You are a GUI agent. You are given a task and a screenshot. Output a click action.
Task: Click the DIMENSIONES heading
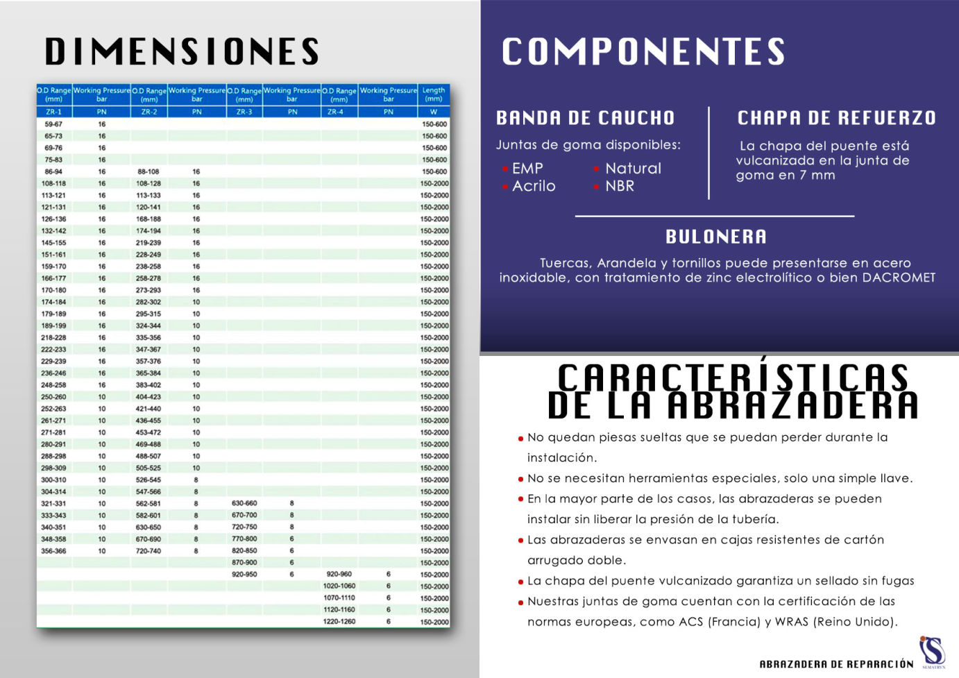(182, 52)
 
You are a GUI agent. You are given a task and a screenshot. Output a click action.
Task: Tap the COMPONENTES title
(643, 52)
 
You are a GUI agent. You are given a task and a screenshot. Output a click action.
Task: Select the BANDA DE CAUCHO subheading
(585, 118)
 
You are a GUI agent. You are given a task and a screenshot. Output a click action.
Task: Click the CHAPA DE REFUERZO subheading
(836, 118)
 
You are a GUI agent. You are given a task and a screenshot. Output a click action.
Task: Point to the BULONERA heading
(716, 237)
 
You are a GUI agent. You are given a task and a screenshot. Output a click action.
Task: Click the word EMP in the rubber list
(527, 169)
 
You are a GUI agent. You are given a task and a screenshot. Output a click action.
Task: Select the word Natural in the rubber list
(633, 169)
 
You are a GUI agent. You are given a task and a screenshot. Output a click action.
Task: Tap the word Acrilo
(534, 186)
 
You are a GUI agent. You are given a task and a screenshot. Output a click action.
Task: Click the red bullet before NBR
(597, 187)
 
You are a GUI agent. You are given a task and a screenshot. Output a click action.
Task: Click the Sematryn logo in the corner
(933, 652)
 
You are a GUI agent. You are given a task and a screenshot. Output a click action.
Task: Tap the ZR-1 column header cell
(53, 112)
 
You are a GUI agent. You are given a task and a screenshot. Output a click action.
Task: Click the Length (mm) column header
(434, 94)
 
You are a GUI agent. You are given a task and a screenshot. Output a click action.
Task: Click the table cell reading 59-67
(53, 124)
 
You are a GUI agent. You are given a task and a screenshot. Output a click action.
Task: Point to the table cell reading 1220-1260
(339, 622)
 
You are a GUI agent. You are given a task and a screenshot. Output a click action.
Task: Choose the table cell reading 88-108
(148, 171)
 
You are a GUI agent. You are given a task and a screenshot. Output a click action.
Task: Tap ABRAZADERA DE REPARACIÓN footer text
(836, 664)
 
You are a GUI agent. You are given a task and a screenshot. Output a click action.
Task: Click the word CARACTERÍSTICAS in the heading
(733, 379)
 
